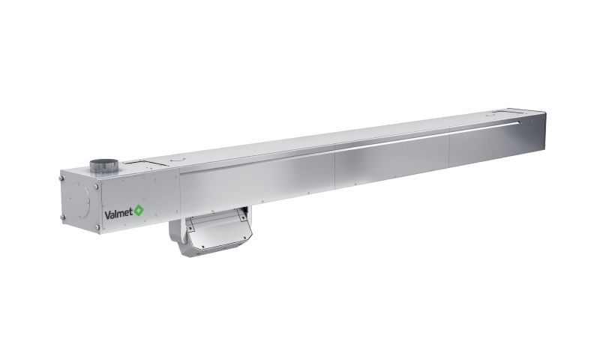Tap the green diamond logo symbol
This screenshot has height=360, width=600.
point(139,211)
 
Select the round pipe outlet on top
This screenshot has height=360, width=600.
point(104,166)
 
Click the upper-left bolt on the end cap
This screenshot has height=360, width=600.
point(61,178)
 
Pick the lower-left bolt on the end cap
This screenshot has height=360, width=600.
point(62,217)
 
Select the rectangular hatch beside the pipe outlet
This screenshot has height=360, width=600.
point(146,162)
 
